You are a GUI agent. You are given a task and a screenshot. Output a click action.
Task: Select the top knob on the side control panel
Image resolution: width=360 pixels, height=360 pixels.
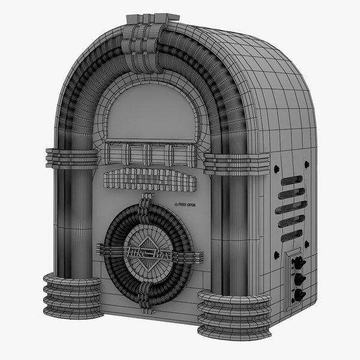[297, 262]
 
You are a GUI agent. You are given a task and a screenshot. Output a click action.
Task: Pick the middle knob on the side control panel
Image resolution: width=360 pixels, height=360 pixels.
[296, 278]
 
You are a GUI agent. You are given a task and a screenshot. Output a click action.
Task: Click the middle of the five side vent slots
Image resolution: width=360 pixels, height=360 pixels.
[291, 208]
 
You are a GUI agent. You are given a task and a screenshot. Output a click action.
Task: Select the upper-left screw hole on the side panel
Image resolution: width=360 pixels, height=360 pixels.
[277, 169]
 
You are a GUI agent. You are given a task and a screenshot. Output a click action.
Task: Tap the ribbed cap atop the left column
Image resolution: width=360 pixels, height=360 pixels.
[72, 158]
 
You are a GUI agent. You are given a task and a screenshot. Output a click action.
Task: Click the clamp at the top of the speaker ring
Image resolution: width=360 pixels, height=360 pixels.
[144, 210]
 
